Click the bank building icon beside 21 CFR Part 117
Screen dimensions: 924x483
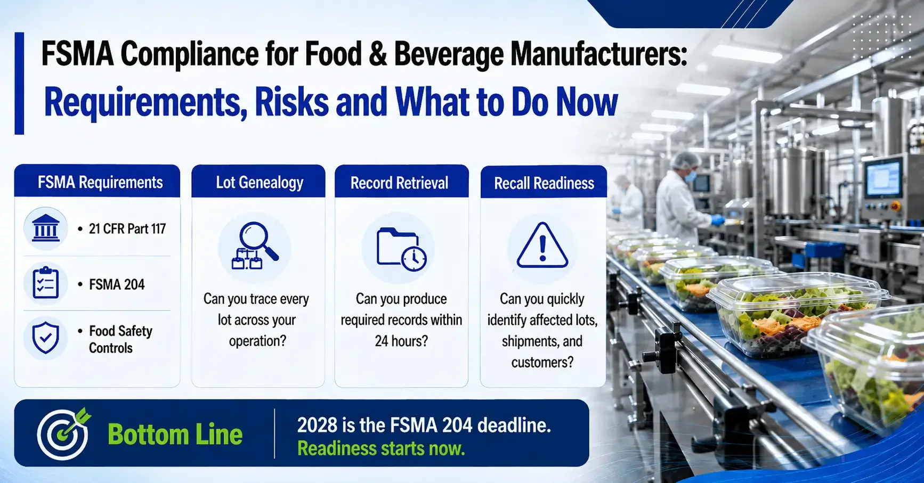point(46,228)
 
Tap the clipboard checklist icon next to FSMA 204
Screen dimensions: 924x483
point(46,283)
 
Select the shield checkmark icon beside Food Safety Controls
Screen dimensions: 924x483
point(46,337)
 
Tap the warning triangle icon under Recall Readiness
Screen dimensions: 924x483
point(542,245)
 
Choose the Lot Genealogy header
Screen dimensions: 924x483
point(258,182)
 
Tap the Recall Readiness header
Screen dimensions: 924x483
point(544,182)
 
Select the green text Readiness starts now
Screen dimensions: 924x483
point(381,448)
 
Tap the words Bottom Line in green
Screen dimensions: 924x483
point(175,434)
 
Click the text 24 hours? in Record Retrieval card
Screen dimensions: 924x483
point(401,341)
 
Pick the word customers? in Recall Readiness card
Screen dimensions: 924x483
point(542,362)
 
